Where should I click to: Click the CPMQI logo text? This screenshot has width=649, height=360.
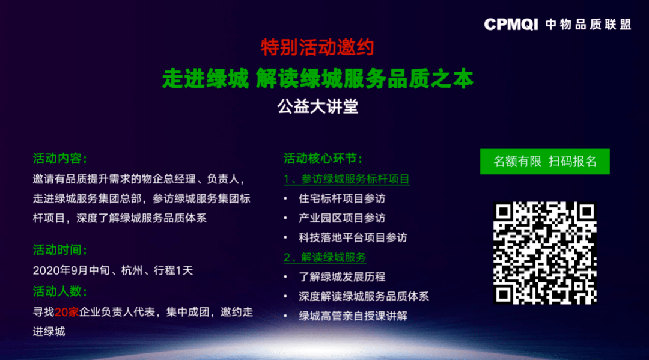(x=511, y=25)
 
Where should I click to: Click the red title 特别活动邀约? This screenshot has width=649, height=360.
(x=317, y=47)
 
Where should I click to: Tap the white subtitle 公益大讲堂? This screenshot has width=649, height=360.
(x=317, y=107)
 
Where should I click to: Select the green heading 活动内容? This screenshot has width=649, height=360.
(x=60, y=159)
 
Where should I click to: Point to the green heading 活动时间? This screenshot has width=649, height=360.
(x=60, y=250)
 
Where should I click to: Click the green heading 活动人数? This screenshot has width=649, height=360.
(x=60, y=291)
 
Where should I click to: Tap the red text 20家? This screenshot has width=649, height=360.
(x=67, y=312)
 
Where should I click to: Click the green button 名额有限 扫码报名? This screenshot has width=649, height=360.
(x=544, y=162)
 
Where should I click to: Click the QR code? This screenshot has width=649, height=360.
(x=544, y=253)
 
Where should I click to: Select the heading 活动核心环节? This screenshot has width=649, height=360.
(x=323, y=159)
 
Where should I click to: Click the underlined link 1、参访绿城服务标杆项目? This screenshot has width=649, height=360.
(x=347, y=179)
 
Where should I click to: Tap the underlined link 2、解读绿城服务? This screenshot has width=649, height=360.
(x=325, y=257)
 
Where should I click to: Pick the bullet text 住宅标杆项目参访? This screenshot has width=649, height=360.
(x=342, y=198)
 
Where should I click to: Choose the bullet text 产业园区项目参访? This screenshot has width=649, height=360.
(x=342, y=218)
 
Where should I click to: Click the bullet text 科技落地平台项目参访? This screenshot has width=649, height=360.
(x=353, y=237)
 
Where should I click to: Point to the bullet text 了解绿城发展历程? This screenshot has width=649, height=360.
(x=342, y=277)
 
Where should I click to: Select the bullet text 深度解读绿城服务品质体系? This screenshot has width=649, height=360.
(x=364, y=296)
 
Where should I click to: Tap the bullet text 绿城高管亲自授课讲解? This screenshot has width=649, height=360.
(x=353, y=316)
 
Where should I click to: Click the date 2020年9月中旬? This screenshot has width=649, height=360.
(x=71, y=270)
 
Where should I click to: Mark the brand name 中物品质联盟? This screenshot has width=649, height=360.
(x=588, y=25)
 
